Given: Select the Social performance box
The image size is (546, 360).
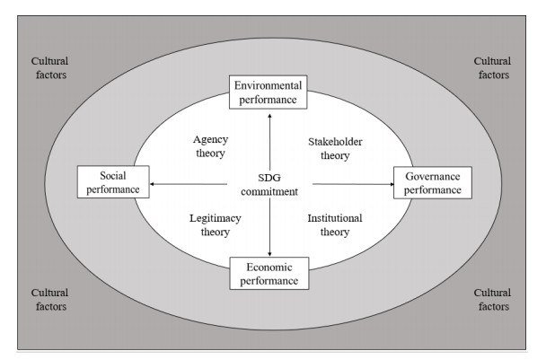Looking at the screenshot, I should pos(113,183).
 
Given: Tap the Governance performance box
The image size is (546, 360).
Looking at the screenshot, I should pos(432,182).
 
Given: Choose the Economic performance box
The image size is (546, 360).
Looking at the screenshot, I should pos(269,272).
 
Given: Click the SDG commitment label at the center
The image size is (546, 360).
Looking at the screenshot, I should pos(270,183).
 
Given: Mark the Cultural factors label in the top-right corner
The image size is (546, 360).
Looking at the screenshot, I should pos(492,68).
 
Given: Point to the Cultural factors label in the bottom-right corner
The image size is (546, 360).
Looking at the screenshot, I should pos(492,299).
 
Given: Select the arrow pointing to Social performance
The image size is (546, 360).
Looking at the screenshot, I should pos(189,184).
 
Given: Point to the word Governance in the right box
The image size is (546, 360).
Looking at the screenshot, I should pos(432,176).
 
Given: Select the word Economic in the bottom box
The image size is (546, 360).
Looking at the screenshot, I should pos(269,266).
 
